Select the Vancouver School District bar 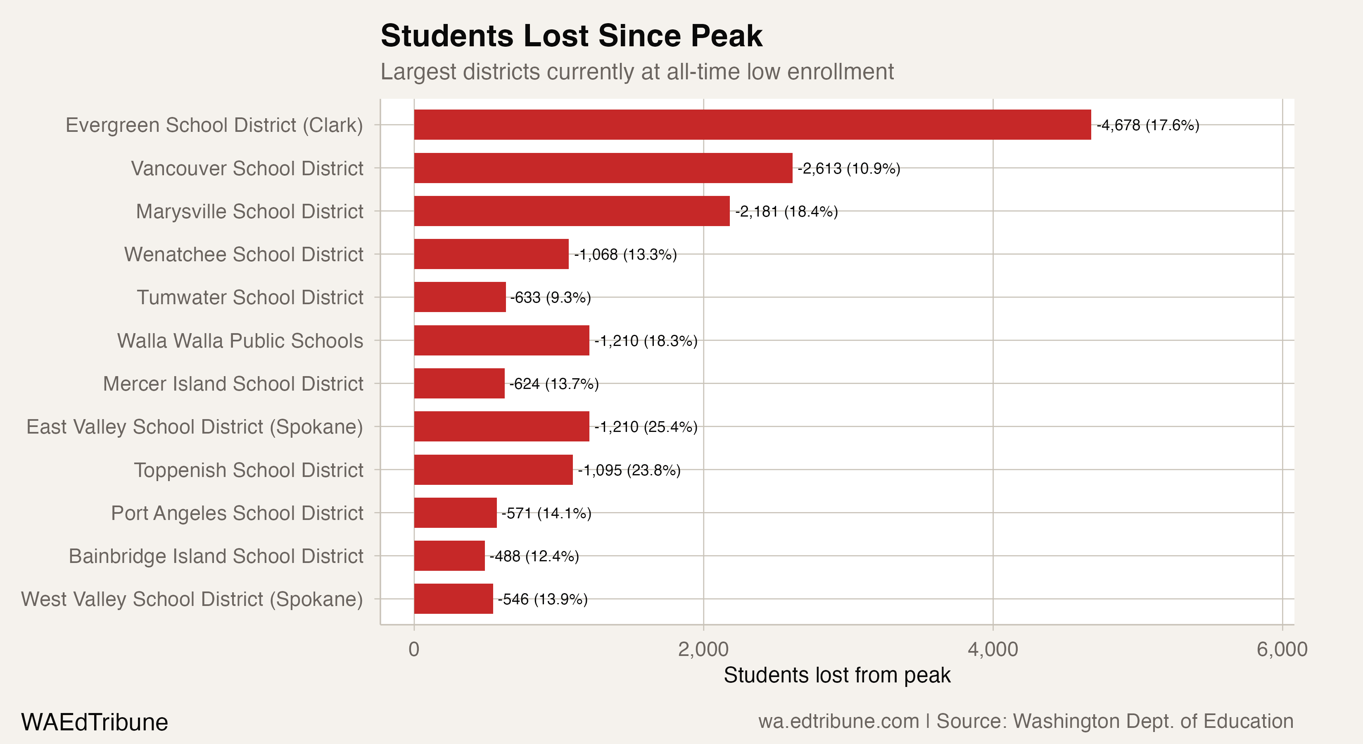(603, 168)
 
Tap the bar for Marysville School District (572, 211)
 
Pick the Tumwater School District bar (460, 297)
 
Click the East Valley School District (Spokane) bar (501, 426)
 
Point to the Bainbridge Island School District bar (449, 556)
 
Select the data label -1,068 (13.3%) (625, 255)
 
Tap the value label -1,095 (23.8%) (629, 470)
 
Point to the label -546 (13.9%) (542, 599)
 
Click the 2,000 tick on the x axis (703, 649)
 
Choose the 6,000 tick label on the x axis (1282, 649)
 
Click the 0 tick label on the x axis (414, 649)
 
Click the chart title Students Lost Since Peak (572, 36)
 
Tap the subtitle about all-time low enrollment (637, 72)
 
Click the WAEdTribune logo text (94, 722)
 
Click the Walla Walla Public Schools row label (240, 341)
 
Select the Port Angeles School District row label (237, 513)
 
